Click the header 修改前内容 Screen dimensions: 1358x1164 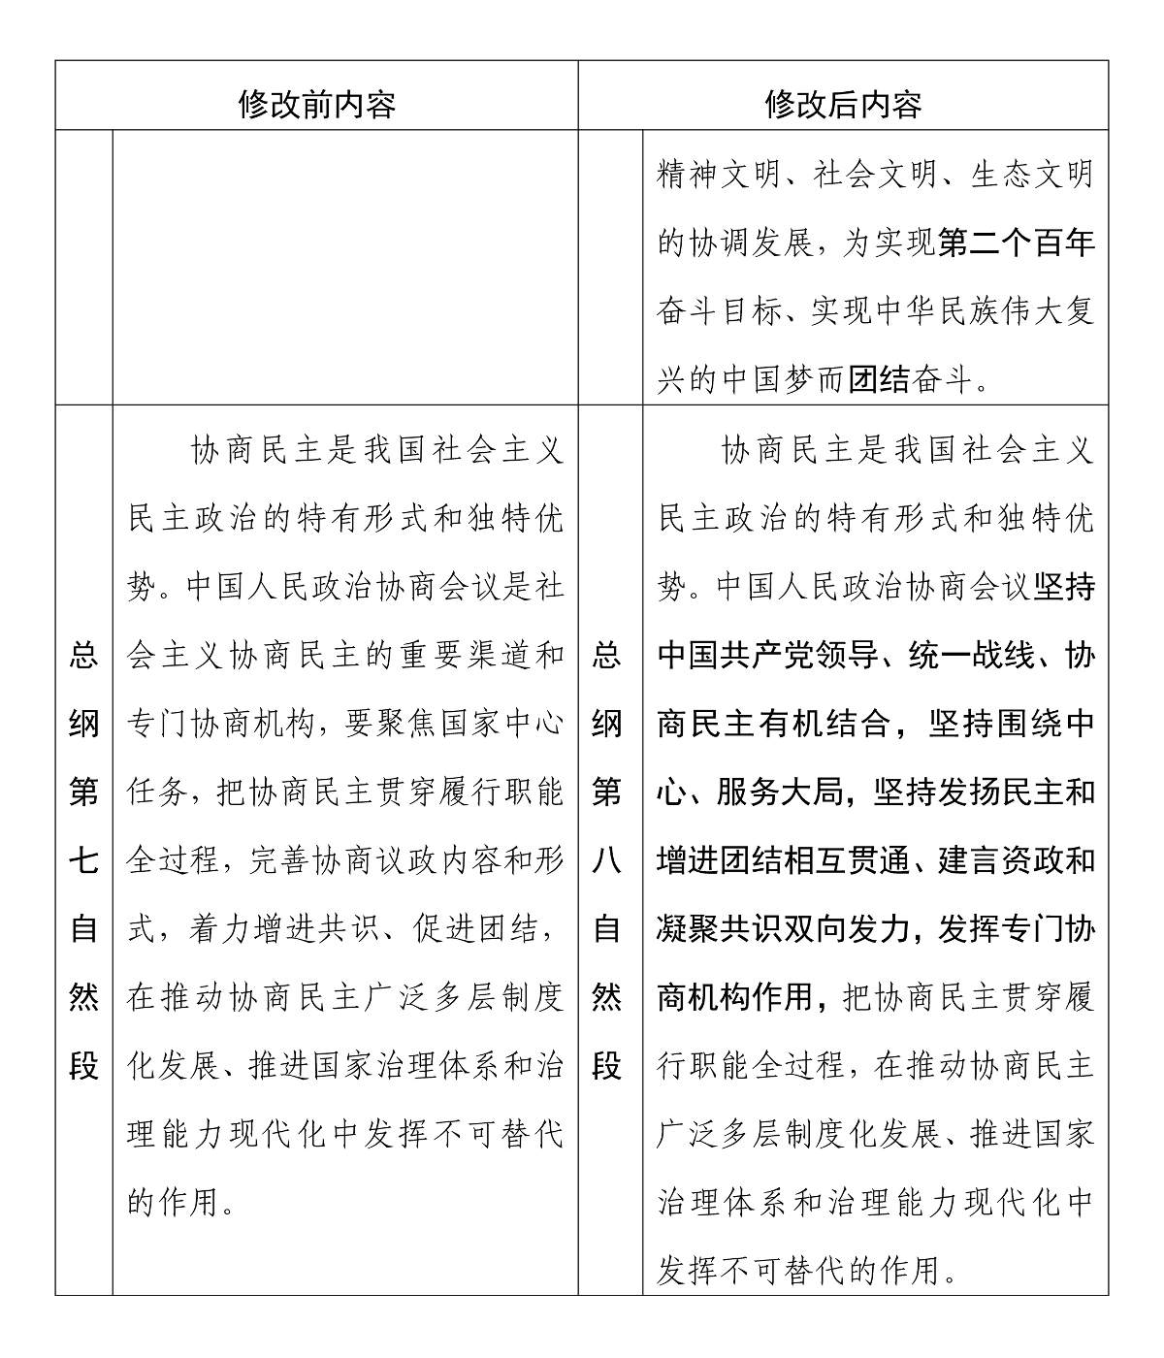click(x=316, y=103)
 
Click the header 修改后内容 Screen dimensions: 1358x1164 click(x=842, y=103)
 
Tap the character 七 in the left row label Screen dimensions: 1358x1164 click(x=83, y=860)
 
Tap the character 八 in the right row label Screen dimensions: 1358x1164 click(x=606, y=860)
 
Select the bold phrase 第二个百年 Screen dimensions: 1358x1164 click(x=1017, y=243)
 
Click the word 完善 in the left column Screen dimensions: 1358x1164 click(x=282, y=860)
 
